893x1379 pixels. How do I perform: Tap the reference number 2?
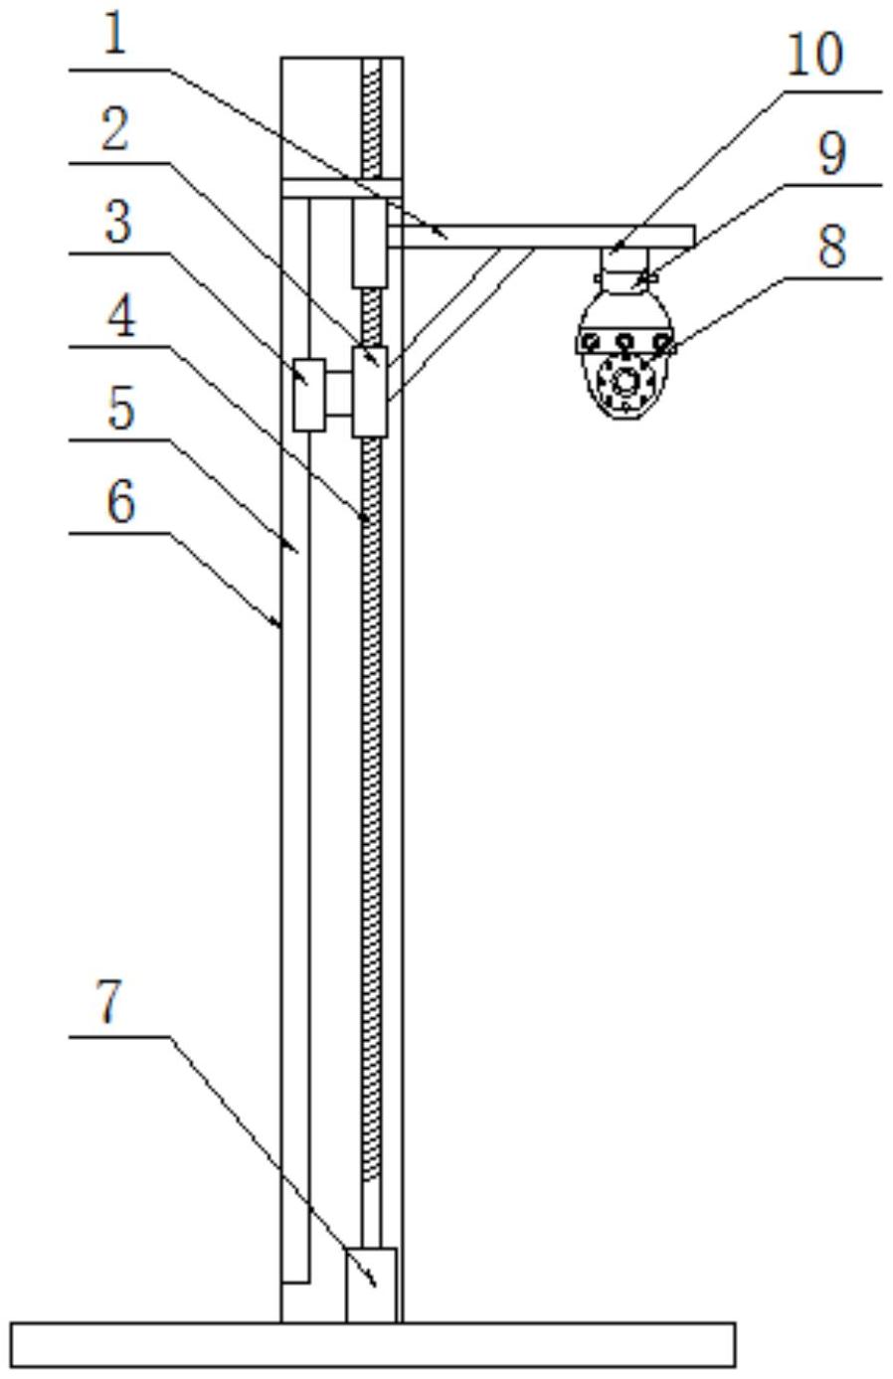[x=115, y=129]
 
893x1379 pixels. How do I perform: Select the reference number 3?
[x=118, y=222]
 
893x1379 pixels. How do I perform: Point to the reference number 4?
[x=121, y=316]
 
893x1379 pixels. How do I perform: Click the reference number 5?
[x=120, y=409]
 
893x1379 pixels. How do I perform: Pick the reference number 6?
[x=120, y=502]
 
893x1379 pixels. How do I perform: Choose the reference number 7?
[x=109, y=1002]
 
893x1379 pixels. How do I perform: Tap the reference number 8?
[x=831, y=247]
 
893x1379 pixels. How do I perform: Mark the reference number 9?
[x=832, y=154]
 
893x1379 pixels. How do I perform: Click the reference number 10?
[x=814, y=56]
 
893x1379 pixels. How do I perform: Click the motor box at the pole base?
[x=371, y=1284]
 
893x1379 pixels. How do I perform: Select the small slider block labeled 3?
[x=308, y=395]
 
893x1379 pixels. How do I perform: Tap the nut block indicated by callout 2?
[x=370, y=392]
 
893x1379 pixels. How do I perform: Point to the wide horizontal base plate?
[x=373, y=1344]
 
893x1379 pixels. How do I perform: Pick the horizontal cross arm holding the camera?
[x=541, y=237]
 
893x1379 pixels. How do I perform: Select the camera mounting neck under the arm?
[x=625, y=269]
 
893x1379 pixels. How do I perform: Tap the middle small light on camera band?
[x=625, y=340]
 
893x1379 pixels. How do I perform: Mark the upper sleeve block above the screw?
[x=370, y=244]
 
